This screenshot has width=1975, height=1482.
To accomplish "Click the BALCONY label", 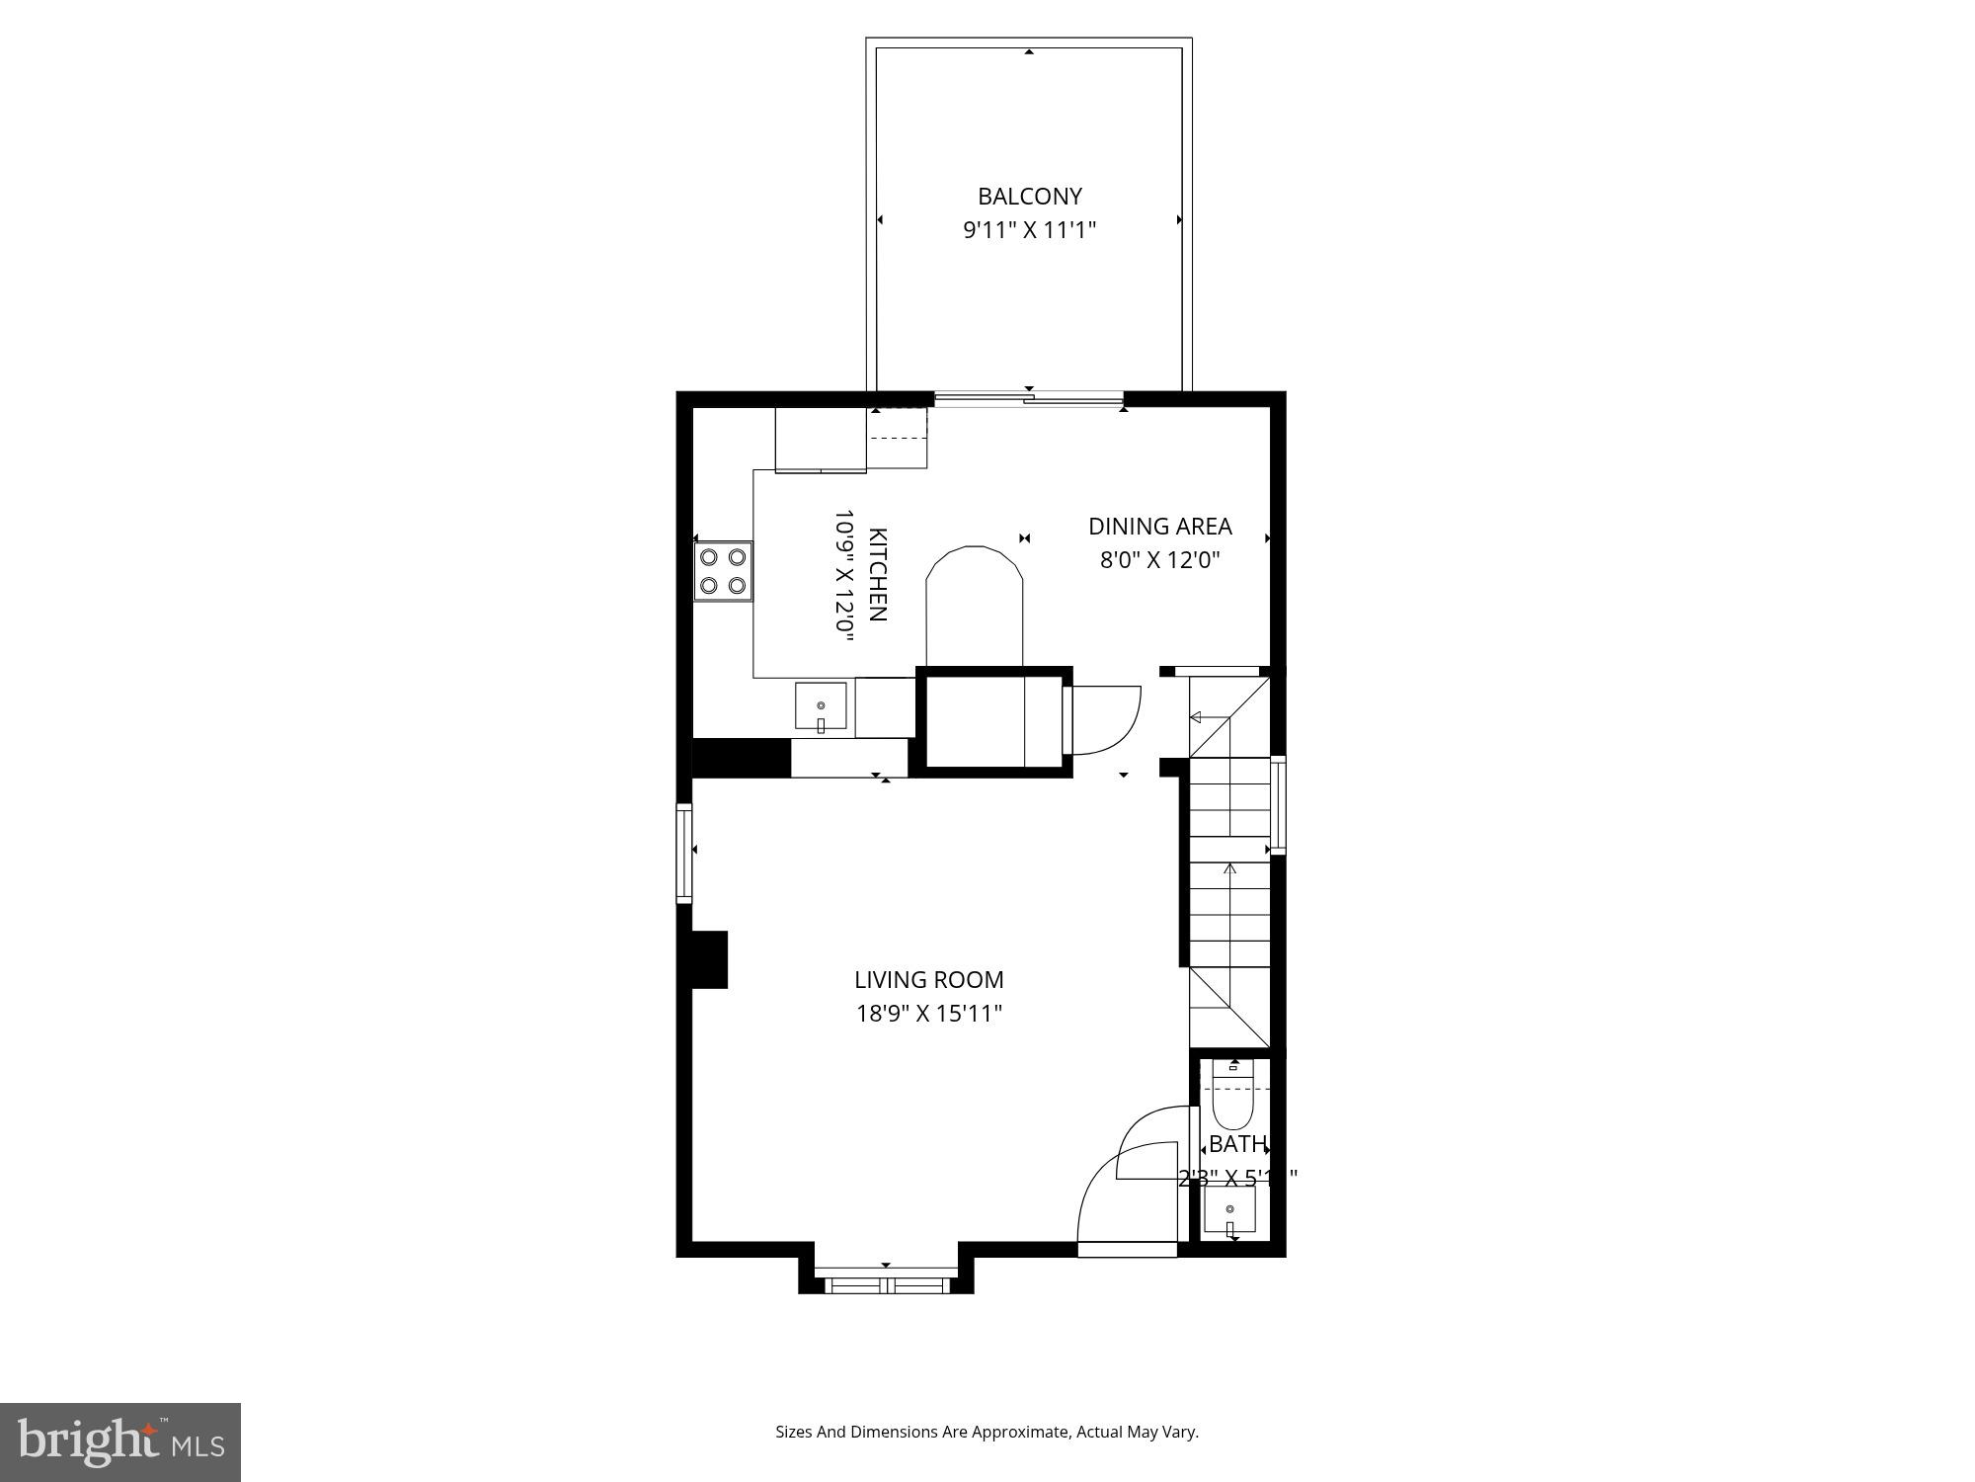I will pos(1030,196).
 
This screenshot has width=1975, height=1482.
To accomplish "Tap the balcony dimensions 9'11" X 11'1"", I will pos(1030,230).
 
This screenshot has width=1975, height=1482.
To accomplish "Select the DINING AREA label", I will pos(1159,527).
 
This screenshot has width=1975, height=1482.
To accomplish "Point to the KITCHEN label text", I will pos(877,575).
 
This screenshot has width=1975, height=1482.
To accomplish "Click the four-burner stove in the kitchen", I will pos(723,571).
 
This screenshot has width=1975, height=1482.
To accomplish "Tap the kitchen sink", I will pos(821,706).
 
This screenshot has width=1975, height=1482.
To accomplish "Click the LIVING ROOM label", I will pos(928,979).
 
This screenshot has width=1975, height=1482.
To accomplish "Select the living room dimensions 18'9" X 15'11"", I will pos(928,1014).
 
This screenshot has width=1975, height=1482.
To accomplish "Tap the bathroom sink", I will pos(1230,1210).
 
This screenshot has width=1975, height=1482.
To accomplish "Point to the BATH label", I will pos(1236,1144).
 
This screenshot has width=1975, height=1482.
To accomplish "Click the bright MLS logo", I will pos(120,1441).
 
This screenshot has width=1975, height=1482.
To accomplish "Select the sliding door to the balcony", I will pos(1029,399).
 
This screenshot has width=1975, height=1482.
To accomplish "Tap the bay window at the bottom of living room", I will pos(886,1285).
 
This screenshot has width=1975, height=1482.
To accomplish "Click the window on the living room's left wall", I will pos(683,853).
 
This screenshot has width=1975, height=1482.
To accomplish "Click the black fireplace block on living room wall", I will pos(709,959).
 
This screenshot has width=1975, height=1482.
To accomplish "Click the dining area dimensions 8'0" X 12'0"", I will pos(1159,561).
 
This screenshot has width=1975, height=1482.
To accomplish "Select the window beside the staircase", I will pos(1278,804).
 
